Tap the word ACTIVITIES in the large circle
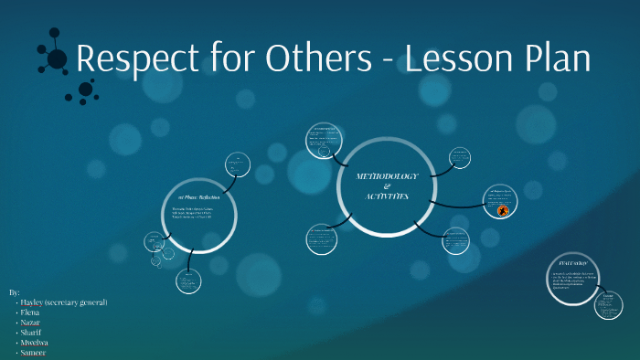tap(387, 196)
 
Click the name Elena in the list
tap(31, 312)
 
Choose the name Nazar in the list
tap(32, 323)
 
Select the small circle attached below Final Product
tap(608, 304)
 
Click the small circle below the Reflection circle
tap(187, 281)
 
